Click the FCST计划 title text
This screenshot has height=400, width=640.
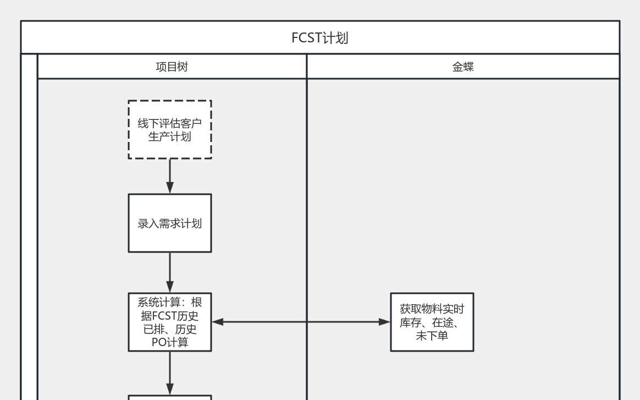pyautogui.click(x=319, y=38)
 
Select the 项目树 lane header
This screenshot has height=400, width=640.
pyautogui.click(x=172, y=67)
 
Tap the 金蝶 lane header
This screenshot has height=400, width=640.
pyautogui.click(x=463, y=67)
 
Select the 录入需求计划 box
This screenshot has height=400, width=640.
pyautogui.click(x=170, y=223)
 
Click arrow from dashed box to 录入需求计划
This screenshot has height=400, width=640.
pyautogui.click(x=170, y=176)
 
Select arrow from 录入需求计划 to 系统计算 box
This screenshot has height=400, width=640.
pyautogui.click(x=170, y=272)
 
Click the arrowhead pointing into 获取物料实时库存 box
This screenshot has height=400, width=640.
pyautogui.click(x=384, y=322)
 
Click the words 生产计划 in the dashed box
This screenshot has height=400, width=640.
pyautogui.click(x=170, y=136)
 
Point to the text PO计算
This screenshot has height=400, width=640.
pyautogui.click(x=170, y=342)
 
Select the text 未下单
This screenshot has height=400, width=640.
pyautogui.click(x=432, y=335)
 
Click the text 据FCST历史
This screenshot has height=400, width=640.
pyautogui.click(x=170, y=316)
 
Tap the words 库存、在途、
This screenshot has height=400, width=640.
pyautogui.click(x=432, y=322)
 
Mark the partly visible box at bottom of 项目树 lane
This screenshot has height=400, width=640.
pyautogui.click(x=170, y=397)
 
